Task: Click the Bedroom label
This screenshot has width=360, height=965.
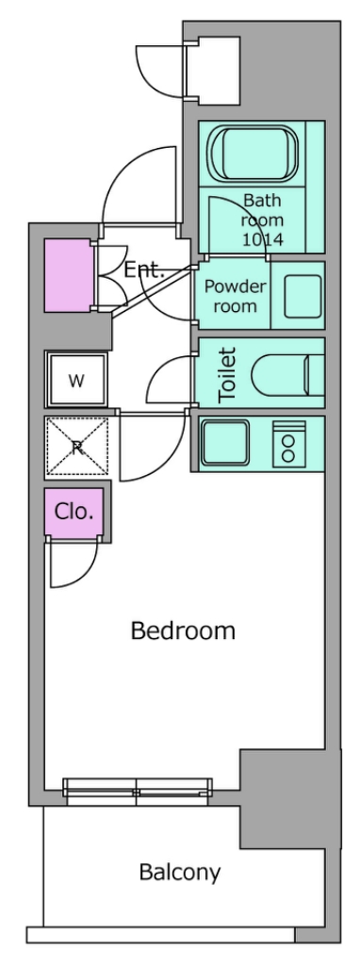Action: pyautogui.click(x=183, y=630)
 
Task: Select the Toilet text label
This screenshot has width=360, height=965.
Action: pyautogui.click(x=228, y=375)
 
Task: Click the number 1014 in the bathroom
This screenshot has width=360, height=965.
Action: pyautogui.click(x=263, y=239)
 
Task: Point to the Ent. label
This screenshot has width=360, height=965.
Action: pyautogui.click(x=144, y=270)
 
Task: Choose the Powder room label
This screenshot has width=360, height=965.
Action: pyautogui.click(x=235, y=295)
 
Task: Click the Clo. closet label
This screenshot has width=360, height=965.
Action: pyautogui.click(x=74, y=511)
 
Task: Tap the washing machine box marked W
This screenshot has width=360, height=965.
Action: pyautogui.click(x=76, y=380)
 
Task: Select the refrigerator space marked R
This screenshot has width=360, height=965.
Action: pyautogui.click(x=77, y=448)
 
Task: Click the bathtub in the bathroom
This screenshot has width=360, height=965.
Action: pyautogui.click(x=253, y=154)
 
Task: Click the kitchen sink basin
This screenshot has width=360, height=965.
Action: pyautogui.click(x=225, y=444)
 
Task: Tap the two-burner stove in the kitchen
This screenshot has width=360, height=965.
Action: pyautogui.click(x=288, y=443)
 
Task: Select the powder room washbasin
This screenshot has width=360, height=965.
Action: pyautogui.click(x=303, y=296)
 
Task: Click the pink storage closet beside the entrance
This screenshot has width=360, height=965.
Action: pyautogui.click(x=68, y=276)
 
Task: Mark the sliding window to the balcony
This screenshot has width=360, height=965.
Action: pyautogui.click(x=138, y=791)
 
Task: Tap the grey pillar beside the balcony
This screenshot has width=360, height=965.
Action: pyautogui.click(x=289, y=799)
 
